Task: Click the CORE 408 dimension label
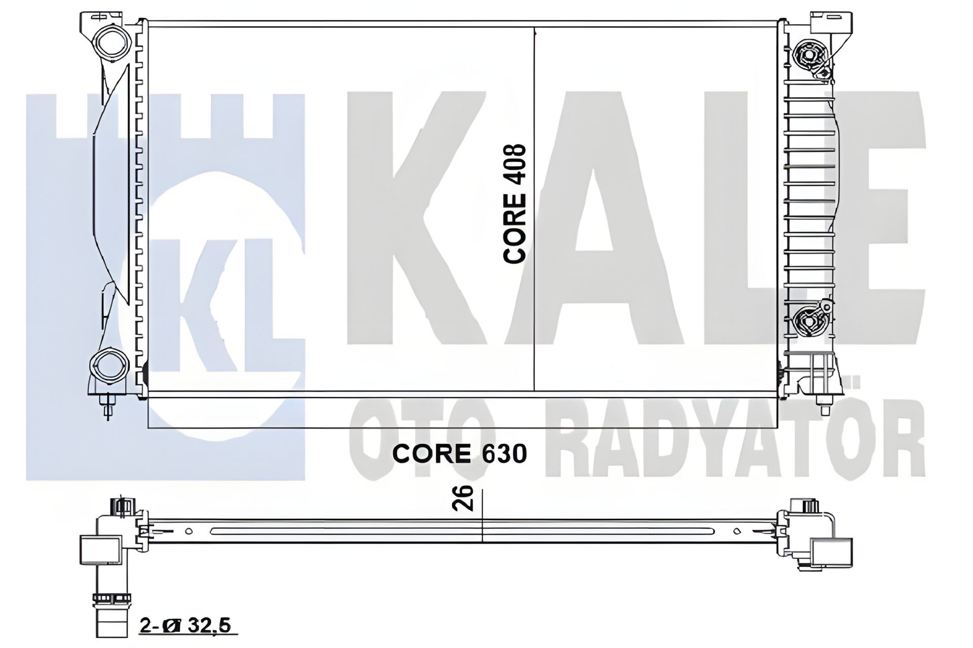pos(515,204)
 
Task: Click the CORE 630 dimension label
pos(459,454)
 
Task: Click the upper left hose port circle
pos(110,42)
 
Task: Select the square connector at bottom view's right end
pos(831,553)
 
